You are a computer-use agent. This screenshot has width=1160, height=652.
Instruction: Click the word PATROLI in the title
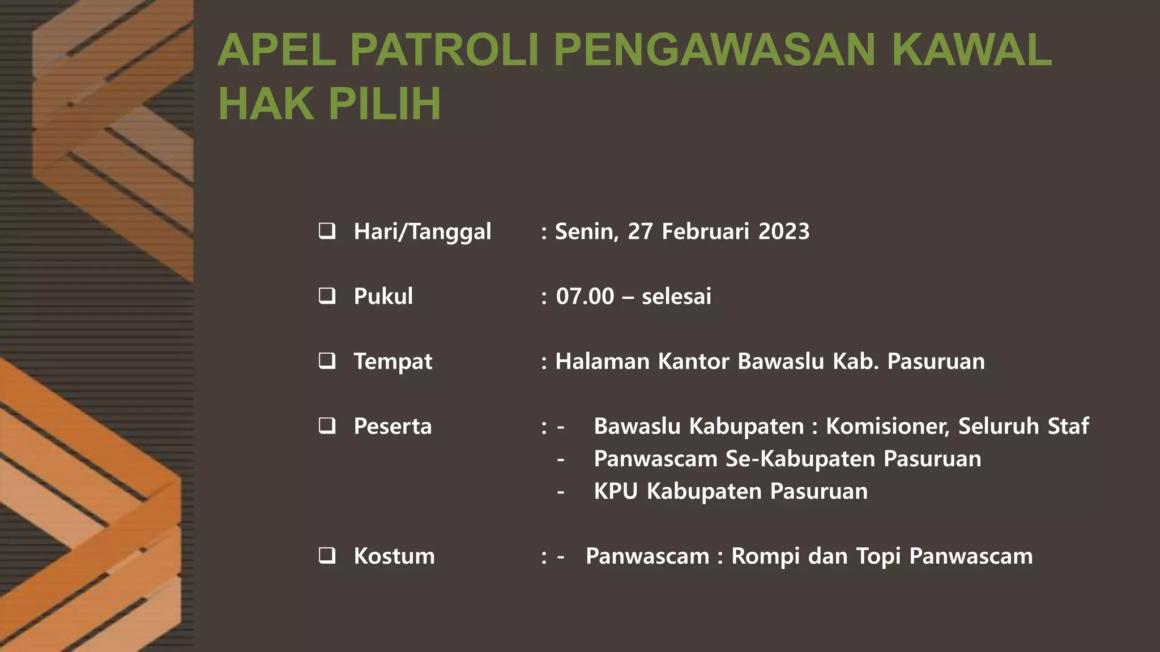[443, 50]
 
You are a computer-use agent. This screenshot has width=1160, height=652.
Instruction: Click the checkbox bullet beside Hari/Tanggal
[327, 231]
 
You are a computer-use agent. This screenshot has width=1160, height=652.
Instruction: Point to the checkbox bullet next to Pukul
[327, 296]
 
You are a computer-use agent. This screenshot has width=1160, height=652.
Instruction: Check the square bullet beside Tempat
[327, 361]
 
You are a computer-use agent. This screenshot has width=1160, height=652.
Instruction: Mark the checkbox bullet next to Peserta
[327, 426]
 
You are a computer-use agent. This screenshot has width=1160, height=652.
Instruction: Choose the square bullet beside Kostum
[327, 556]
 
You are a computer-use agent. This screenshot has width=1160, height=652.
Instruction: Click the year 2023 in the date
[784, 231]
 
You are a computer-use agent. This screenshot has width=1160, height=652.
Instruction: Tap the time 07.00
[585, 297]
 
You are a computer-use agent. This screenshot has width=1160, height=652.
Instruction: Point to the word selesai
[676, 297]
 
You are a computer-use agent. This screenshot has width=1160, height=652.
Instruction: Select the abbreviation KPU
[616, 491]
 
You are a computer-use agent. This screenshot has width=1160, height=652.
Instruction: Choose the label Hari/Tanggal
[422, 231]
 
